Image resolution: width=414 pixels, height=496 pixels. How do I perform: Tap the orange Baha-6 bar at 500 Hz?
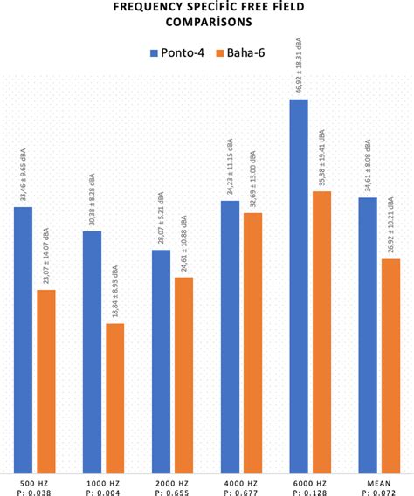(x=45, y=381)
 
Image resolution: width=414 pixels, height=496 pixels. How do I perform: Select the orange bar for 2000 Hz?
(x=183, y=375)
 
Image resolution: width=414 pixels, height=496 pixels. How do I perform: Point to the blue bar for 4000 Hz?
(x=230, y=336)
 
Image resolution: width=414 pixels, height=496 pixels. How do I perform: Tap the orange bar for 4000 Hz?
(x=252, y=341)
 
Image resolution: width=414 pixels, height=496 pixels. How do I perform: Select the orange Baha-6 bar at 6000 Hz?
(x=321, y=331)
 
